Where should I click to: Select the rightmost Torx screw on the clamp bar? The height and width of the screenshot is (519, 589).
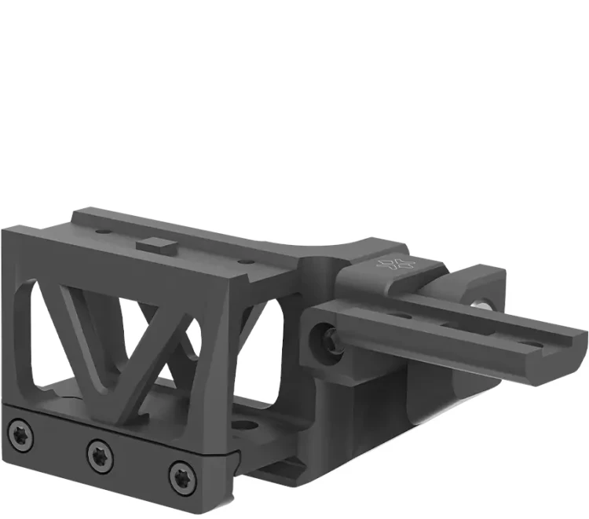click(180, 474)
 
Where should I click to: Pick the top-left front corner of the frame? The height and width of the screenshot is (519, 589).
click(6, 230)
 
